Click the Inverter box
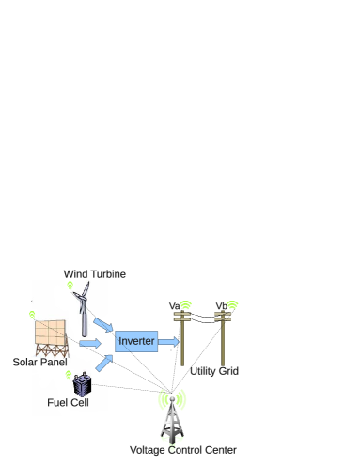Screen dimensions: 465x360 click(x=136, y=341)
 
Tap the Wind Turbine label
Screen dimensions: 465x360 click(x=95, y=274)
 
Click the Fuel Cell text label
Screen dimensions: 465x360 click(x=68, y=403)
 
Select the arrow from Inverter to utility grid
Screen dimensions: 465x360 click(x=168, y=341)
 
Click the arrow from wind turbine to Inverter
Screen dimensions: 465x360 click(x=103, y=324)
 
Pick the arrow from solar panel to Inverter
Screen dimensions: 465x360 click(x=90, y=343)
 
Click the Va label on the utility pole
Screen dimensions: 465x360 click(x=175, y=306)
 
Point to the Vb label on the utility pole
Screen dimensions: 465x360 click(x=222, y=306)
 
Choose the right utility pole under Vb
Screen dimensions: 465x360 click(x=223, y=343)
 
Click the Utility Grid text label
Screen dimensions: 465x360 click(x=213, y=372)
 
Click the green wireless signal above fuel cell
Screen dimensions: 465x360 click(x=69, y=375)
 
